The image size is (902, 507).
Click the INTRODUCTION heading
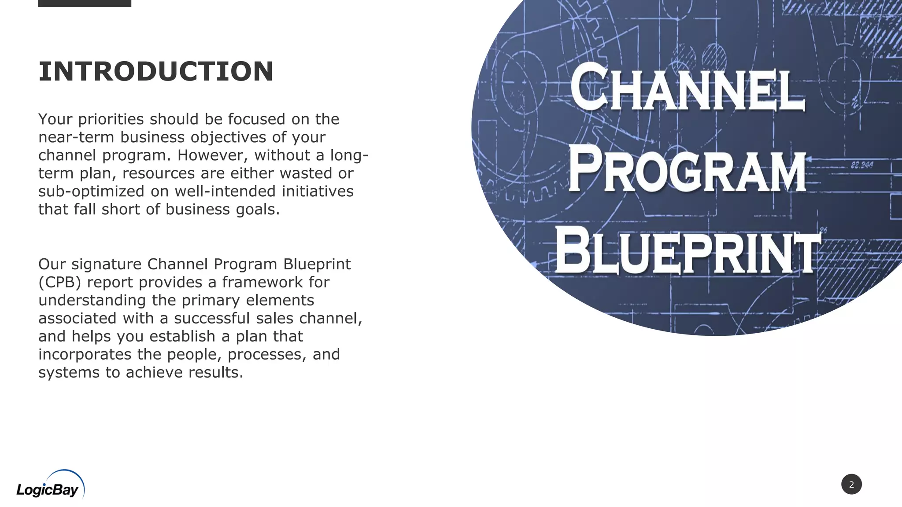click(156, 71)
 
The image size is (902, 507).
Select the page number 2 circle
click(851, 484)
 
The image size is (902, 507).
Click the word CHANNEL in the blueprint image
click(688, 88)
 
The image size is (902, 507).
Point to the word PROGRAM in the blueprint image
click(688, 171)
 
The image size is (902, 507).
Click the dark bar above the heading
click(85, 3)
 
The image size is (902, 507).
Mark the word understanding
click(92, 300)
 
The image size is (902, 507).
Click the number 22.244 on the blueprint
click(862, 165)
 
